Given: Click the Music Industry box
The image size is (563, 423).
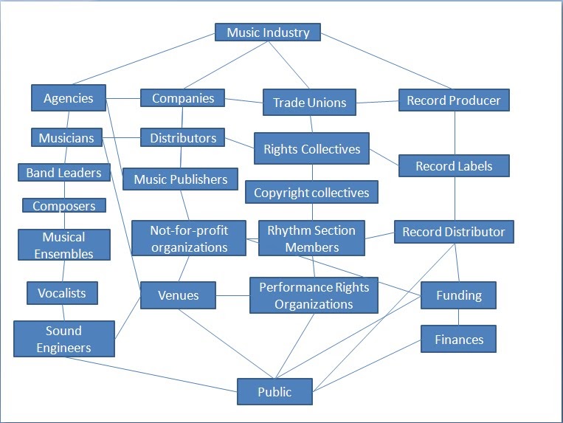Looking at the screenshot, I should tap(268, 32).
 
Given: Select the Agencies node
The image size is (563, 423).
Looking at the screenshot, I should tap(69, 98).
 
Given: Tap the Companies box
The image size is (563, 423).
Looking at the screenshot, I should tap(183, 98).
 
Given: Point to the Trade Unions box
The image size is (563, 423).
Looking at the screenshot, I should tap(309, 103).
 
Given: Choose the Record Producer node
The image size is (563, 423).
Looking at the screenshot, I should tap(454, 100).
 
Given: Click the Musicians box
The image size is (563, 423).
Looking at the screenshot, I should tap(66, 138).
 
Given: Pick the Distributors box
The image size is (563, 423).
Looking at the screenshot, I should tap(183, 138).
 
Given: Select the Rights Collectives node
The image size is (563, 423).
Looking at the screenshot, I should tap(311, 149).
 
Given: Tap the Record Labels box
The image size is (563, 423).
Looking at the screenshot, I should tap(454, 166).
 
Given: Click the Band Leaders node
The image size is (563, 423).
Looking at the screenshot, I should tap(64, 173).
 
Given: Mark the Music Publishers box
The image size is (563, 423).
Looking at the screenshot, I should tap(181, 179).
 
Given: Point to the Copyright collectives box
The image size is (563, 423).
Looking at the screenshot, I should tap(311, 193).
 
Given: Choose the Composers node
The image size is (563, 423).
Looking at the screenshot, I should tap(63, 206).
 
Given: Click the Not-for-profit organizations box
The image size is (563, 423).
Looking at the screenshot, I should tap(189, 238).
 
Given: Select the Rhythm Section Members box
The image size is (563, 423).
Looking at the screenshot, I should tap(311, 238).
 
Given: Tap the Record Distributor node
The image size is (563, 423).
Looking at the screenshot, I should tap(453, 232).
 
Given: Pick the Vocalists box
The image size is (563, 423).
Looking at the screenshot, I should tap(62, 293).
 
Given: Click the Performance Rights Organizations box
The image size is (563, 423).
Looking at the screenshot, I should tap(314, 295).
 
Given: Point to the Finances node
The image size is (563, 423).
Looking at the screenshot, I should tap(458, 340).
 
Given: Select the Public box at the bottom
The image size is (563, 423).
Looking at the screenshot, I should tap(274, 392).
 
